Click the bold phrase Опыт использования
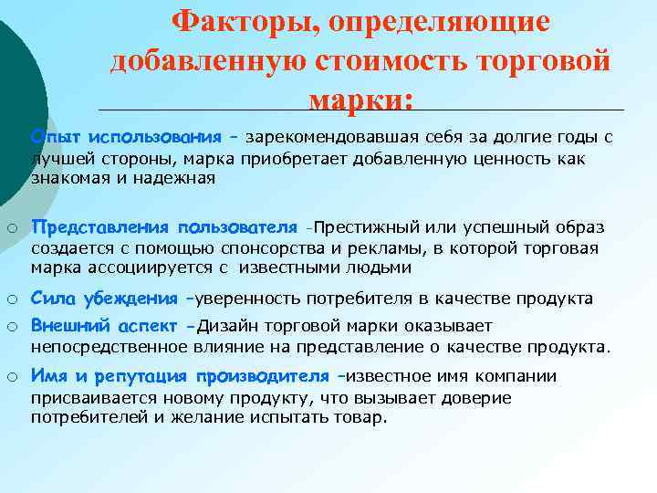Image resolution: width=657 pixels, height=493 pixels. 126,137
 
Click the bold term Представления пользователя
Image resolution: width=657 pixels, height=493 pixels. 164,226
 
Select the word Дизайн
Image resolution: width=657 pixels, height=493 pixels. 223,326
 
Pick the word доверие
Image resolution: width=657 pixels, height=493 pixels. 477,398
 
